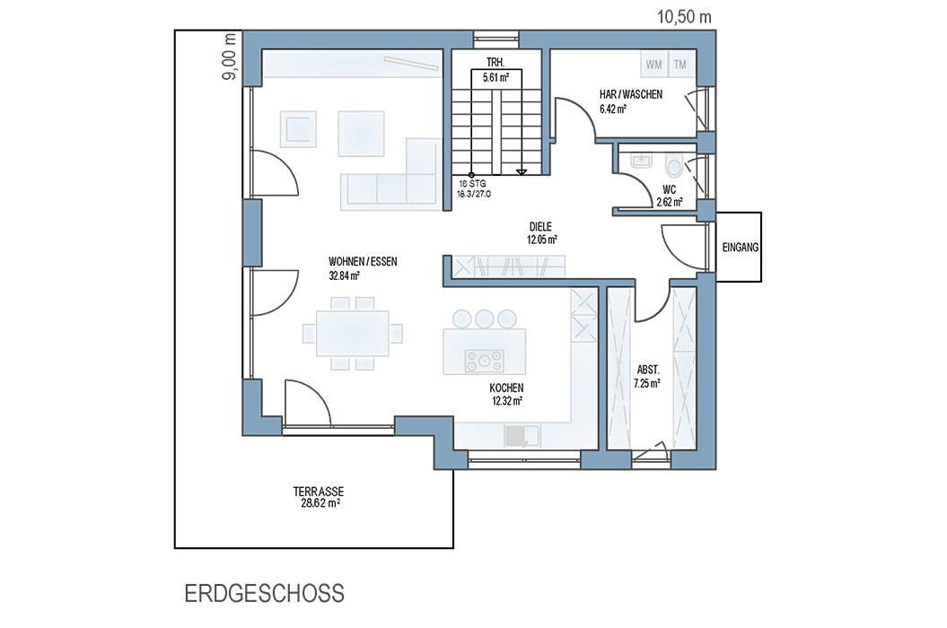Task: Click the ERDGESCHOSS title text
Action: point(264,593)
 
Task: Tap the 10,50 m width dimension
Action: point(684,17)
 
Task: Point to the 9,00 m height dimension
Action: point(229,57)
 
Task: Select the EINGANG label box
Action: point(739,247)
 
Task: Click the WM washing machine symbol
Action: point(653,65)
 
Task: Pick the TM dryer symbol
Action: point(680,65)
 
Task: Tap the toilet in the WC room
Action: point(673,164)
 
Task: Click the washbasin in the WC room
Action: point(640,161)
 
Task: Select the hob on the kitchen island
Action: point(484,361)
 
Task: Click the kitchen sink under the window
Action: point(522,436)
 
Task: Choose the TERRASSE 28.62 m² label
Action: point(319,498)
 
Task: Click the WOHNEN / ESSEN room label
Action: point(363,261)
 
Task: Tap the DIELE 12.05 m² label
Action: point(541,233)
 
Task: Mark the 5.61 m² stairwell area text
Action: point(495,77)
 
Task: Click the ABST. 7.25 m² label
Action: point(647,376)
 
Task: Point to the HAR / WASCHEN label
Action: point(630,94)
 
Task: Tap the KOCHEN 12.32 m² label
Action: point(506,394)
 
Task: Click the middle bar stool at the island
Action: point(485,318)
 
